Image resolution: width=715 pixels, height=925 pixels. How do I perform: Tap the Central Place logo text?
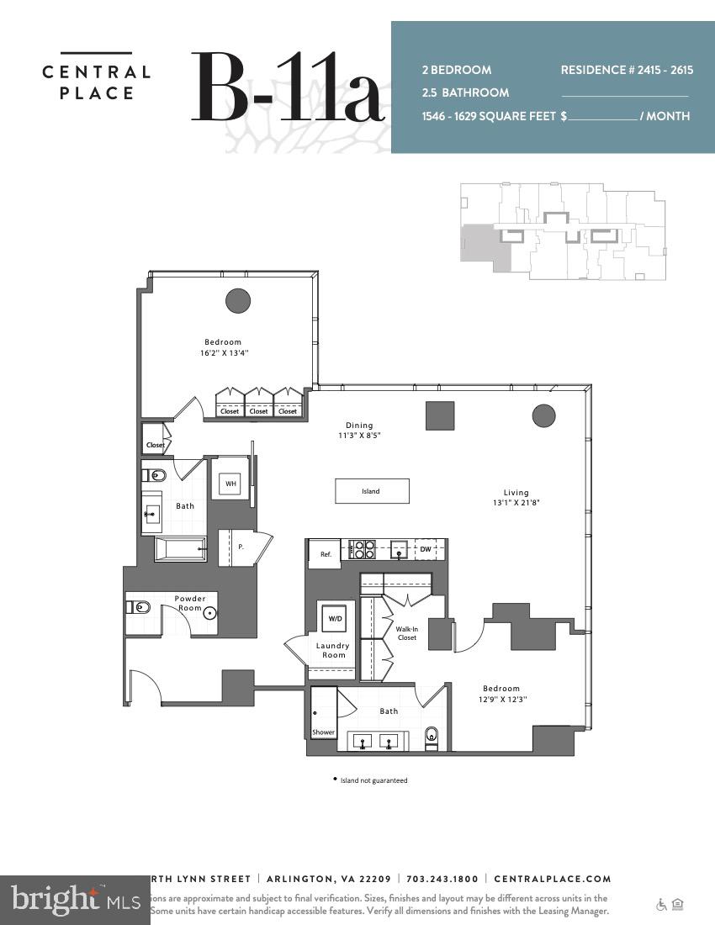pyautogui.click(x=96, y=82)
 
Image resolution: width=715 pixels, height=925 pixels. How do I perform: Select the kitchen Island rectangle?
pyautogui.click(x=372, y=491)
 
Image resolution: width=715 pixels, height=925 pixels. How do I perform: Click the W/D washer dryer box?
pyautogui.click(x=336, y=618)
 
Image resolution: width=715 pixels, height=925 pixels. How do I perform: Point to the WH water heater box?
pyautogui.click(x=230, y=484)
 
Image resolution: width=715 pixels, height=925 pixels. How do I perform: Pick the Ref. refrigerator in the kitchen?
pyautogui.click(x=325, y=554)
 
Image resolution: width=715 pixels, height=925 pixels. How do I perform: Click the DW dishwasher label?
pyautogui.click(x=426, y=549)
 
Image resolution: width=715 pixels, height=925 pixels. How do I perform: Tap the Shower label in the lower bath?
pyautogui.click(x=323, y=732)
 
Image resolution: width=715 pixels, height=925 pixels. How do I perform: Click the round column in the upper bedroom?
pyautogui.click(x=238, y=300)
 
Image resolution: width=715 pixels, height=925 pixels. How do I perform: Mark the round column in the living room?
pyautogui.click(x=544, y=415)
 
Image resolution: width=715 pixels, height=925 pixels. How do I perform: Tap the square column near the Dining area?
pyautogui.click(x=439, y=415)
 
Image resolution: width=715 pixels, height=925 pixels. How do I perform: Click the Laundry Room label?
pyautogui.click(x=333, y=650)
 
